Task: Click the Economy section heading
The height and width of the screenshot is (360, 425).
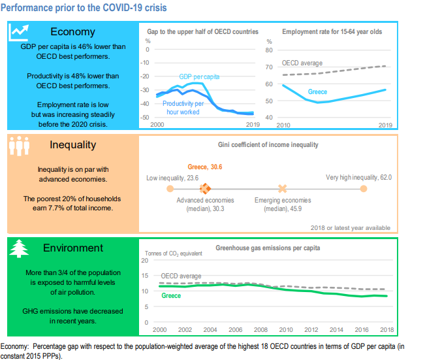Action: tap(72, 31)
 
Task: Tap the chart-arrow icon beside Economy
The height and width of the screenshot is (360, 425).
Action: tap(19, 32)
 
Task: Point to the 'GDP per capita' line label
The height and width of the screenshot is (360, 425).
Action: tap(199, 76)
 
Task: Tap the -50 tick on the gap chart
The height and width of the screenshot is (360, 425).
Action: tap(146, 117)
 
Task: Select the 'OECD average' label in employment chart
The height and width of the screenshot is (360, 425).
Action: tap(302, 63)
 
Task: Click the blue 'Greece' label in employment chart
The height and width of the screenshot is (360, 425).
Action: tap(317, 91)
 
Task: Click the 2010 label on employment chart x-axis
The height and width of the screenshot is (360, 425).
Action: tap(284, 124)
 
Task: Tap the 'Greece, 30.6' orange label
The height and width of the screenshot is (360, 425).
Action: tap(205, 167)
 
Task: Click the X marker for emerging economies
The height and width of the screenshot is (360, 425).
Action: tap(282, 188)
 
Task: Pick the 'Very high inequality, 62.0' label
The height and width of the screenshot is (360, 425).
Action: tap(358, 177)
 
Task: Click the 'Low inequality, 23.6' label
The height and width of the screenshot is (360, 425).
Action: tap(172, 177)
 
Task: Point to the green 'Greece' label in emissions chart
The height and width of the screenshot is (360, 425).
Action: tap(171, 296)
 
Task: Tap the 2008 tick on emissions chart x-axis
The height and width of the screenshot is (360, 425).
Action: tap(260, 329)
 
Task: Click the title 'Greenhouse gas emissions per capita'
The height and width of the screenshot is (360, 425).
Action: tap(268, 248)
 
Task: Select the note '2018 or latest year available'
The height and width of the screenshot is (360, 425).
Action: tap(350, 227)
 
